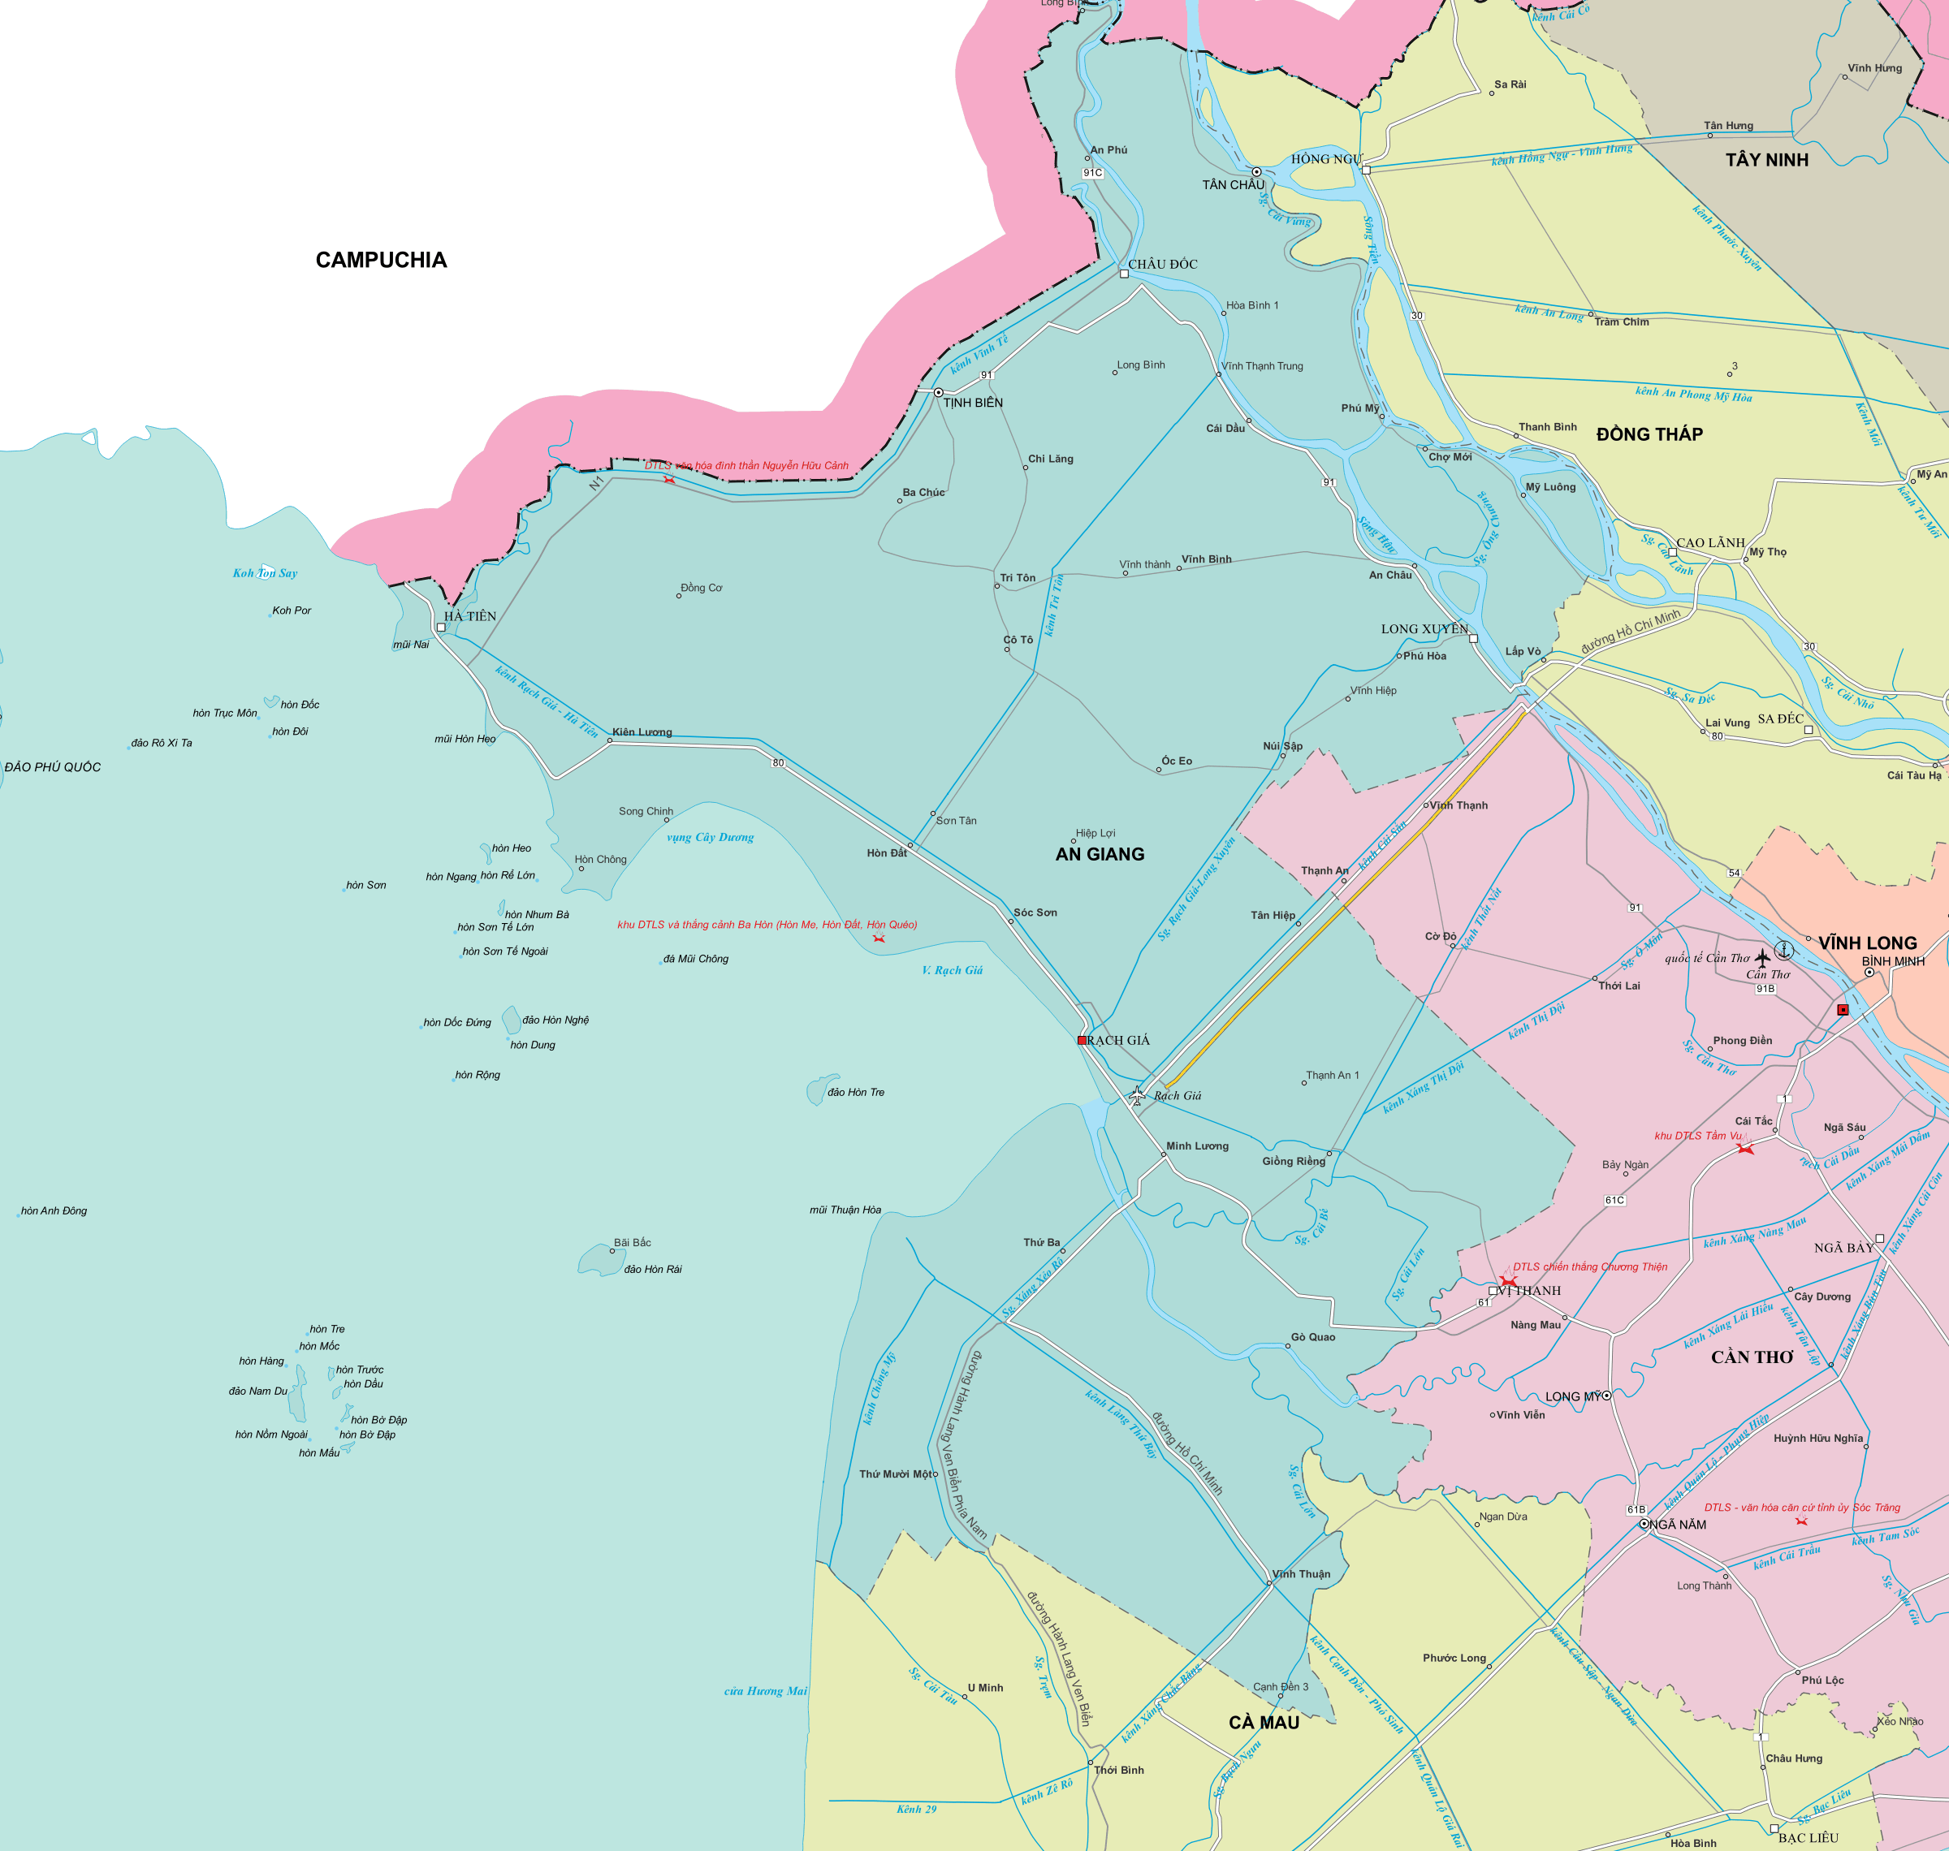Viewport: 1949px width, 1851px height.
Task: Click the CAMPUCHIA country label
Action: (381, 260)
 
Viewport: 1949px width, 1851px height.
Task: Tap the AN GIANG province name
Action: (1100, 854)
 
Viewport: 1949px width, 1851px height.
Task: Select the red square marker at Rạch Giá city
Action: (1082, 1040)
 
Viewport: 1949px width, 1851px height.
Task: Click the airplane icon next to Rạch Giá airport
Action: (1137, 1095)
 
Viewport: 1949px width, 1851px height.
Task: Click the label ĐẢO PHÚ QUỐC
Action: (52, 766)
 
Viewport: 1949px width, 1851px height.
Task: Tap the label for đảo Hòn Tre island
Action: (856, 1092)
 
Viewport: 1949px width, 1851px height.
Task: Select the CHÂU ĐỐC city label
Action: (1162, 265)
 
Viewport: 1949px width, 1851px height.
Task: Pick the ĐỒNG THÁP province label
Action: (1649, 434)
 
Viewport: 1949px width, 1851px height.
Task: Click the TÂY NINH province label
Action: (1766, 160)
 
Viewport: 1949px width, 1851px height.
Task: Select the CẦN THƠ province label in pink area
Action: (1752, 1357)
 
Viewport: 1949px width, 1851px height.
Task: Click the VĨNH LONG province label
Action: (1867, 943)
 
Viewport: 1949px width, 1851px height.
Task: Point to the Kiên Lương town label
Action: (642, 732)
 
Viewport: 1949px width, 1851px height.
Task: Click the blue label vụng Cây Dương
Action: (710, 837)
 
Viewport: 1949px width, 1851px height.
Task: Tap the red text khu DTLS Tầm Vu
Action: (1697, 1136)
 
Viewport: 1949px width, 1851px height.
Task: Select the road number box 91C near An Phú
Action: (1092, 173)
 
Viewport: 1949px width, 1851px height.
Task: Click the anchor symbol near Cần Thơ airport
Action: (1783, 950)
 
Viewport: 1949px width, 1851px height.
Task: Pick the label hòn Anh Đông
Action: (54, 1210)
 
